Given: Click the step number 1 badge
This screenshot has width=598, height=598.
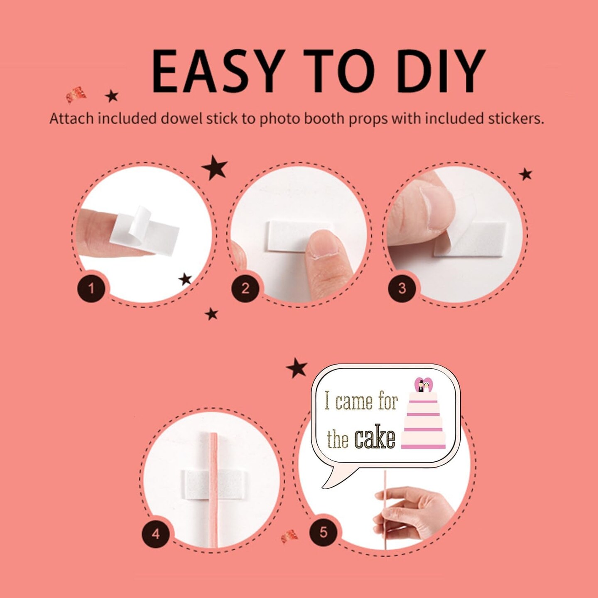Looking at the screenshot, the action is pos(91,289).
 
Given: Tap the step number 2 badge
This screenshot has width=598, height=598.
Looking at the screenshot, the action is pos(245,289).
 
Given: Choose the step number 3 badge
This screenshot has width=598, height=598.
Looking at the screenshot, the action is pos(402,289).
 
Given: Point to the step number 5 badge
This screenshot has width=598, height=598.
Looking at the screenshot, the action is pos(324,532).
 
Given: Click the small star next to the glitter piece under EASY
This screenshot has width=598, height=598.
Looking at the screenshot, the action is pos(112,96).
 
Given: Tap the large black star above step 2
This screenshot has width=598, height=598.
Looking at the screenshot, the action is pos(214,168).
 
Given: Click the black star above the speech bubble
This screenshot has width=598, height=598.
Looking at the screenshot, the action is pos(297,368).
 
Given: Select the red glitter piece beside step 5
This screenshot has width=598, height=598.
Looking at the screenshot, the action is pos(289,536).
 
